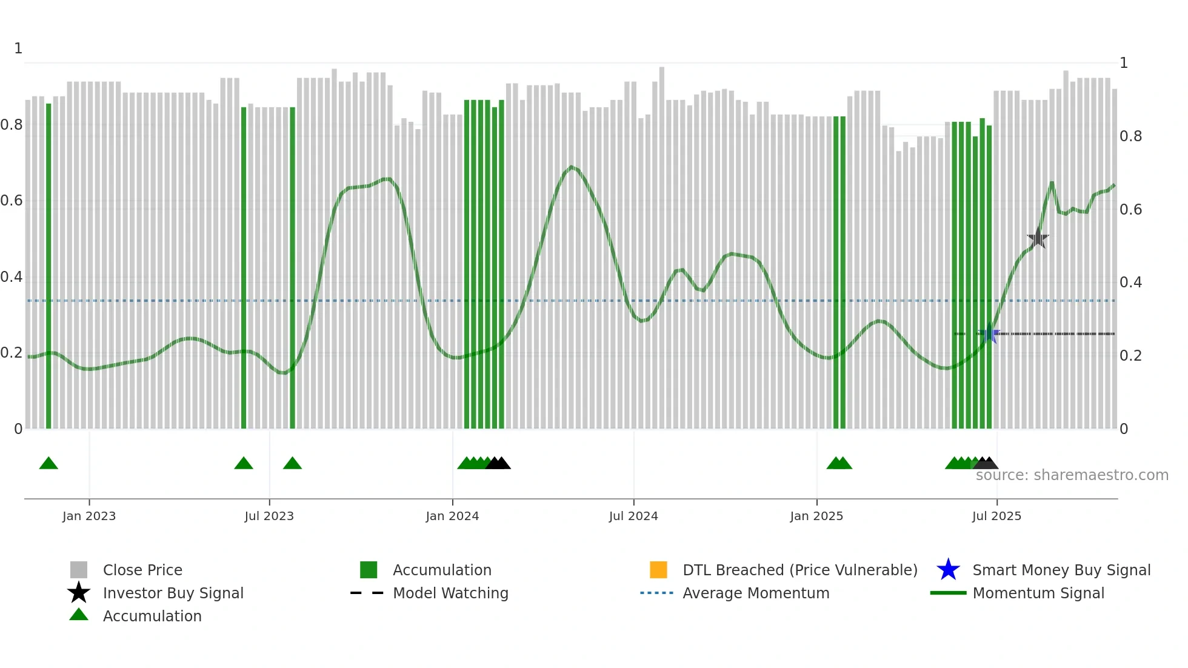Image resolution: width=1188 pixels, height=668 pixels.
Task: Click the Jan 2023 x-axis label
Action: point(89,516)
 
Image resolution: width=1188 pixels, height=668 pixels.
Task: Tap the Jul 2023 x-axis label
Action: point(269,516)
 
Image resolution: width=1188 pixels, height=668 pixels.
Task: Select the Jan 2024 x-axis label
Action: point(452,516)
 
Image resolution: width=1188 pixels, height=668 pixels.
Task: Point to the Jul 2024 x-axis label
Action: point(633,516)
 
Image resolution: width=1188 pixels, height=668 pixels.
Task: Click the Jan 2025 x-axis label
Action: point(816,516)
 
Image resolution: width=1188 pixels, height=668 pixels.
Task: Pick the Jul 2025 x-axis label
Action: point(996,516)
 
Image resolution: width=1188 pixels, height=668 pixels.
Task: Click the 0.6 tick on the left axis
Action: point(12,201)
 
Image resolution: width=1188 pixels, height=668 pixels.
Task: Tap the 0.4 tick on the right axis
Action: point(1131,282)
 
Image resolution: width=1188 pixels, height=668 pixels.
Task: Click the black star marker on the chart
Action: point(1038,238)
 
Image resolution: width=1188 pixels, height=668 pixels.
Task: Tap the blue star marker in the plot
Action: point(990,333)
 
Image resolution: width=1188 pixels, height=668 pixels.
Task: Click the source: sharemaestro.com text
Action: point(1072,475)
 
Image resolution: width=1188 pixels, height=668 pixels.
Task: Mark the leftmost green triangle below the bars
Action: point(48,464)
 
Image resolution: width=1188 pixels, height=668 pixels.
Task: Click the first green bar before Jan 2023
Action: point(48,267)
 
